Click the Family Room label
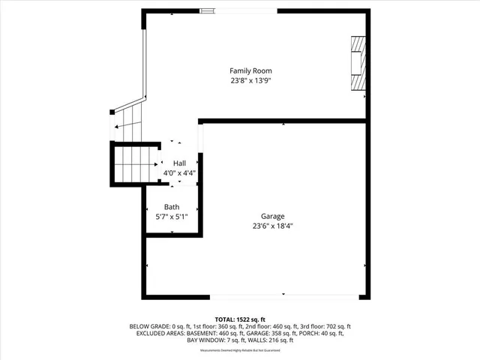250,70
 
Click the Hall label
179,163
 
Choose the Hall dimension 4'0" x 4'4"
179,172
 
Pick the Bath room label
172,207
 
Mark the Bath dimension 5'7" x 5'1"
172,217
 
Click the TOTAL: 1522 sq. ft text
240,319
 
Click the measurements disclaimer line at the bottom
240,351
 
